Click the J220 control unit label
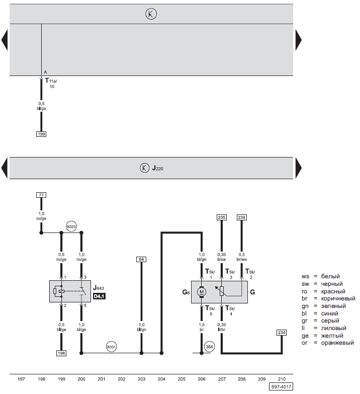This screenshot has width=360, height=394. pos(158,168)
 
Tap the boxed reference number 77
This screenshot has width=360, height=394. pos(41,195)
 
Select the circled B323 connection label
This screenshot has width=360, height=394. pos(71,226)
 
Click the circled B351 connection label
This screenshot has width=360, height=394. pos(111,347)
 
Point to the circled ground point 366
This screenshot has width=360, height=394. pos(209,347)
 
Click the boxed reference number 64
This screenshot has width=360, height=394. pos(141,259)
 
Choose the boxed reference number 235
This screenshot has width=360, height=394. pos(221,217)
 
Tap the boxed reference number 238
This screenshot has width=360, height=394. pos(241,217)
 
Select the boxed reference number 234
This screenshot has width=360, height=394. pos(282,333)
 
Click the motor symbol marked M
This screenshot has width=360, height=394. pos(202,292)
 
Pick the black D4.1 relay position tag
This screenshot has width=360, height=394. pos(99,296)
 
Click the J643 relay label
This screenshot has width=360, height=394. pos(99,288)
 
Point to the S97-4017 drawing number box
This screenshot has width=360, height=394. pos(281,386)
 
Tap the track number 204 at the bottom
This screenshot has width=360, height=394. pos(161,379)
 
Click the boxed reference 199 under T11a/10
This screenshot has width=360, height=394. pos(41,134)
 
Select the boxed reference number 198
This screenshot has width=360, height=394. pos(61,353)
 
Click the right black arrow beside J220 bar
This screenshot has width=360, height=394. pos(299,168)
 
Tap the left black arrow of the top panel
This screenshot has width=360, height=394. pos(5,40)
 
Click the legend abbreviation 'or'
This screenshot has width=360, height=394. pos(304,343)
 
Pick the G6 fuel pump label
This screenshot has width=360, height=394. pos(186,292)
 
